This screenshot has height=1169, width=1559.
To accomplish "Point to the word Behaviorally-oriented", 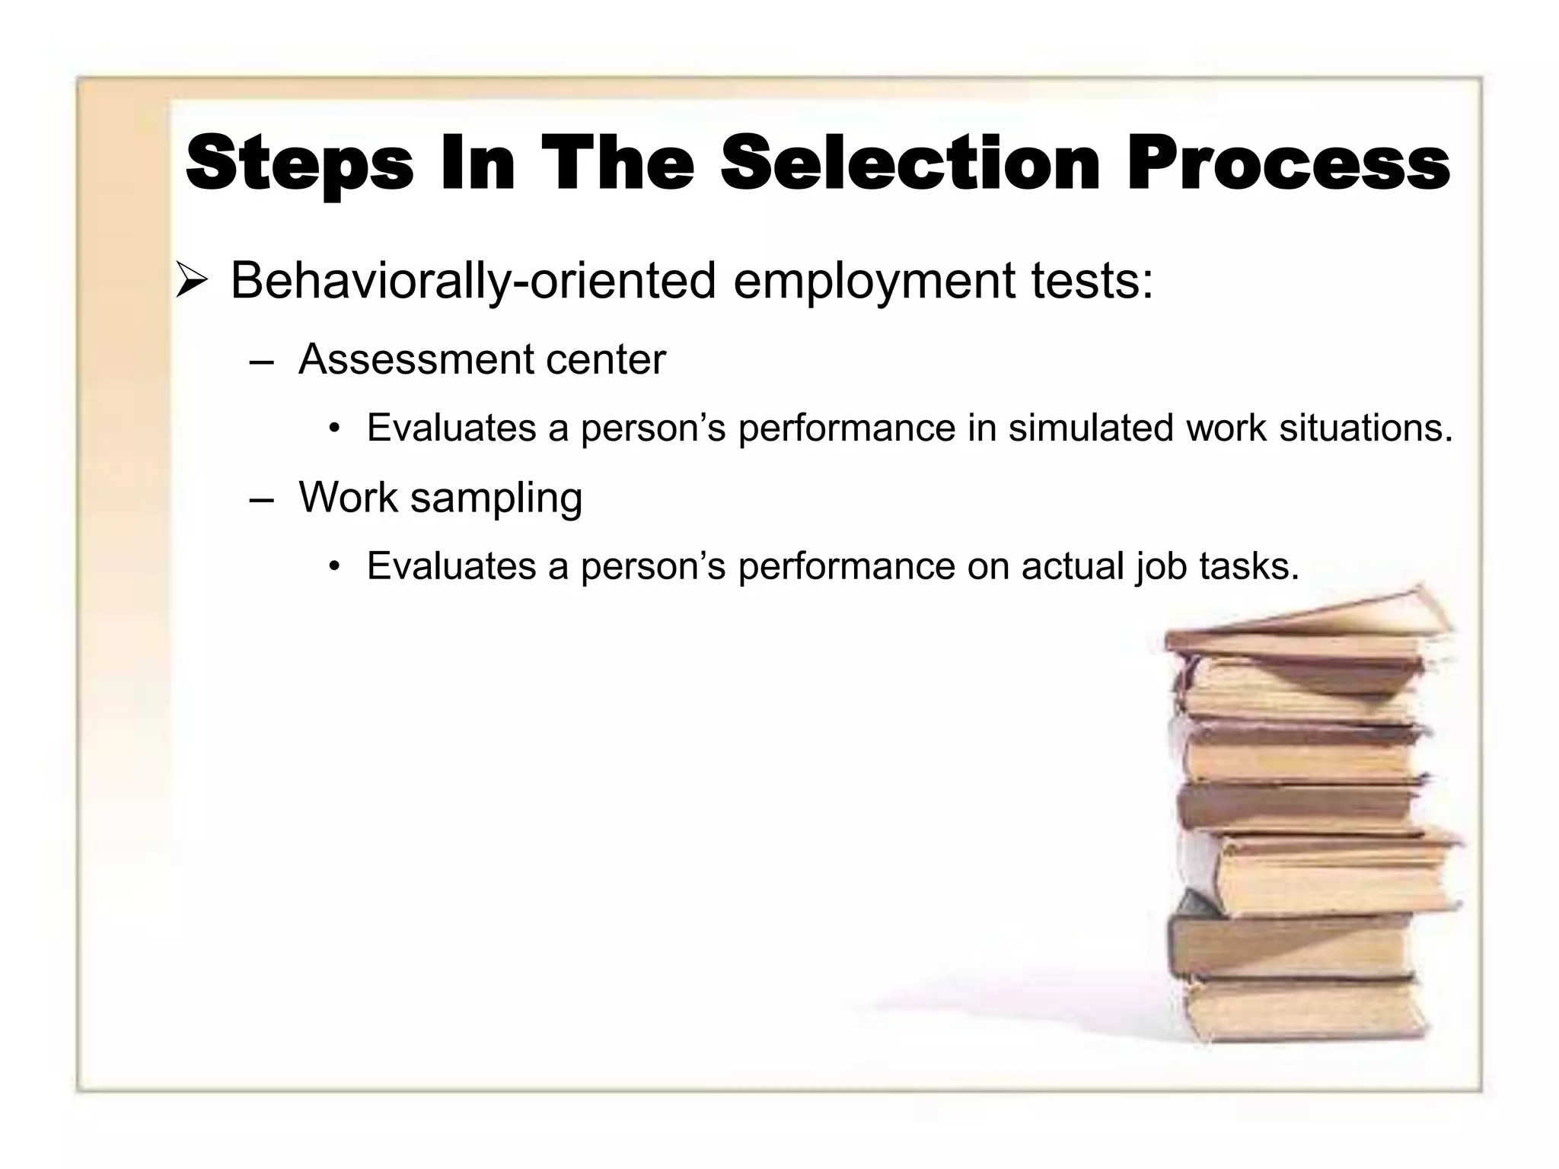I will point(473,281).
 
